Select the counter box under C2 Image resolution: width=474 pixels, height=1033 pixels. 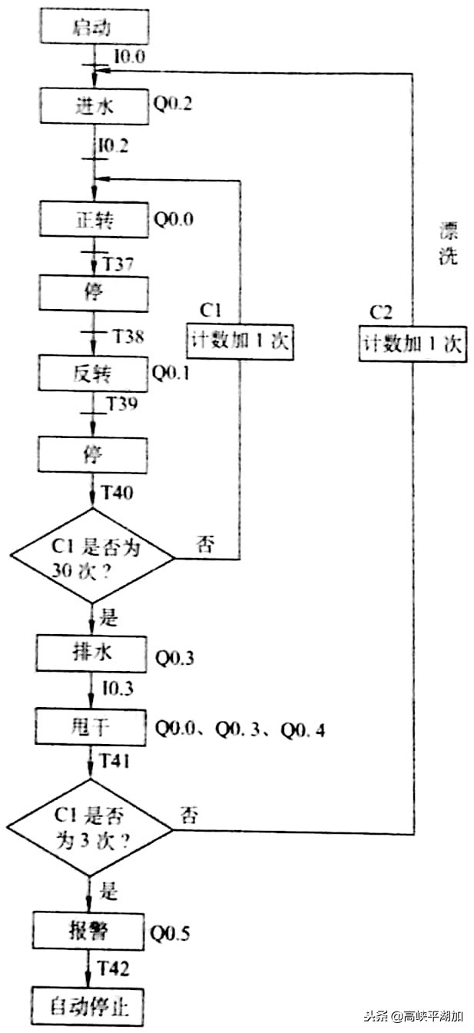point(413,344)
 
